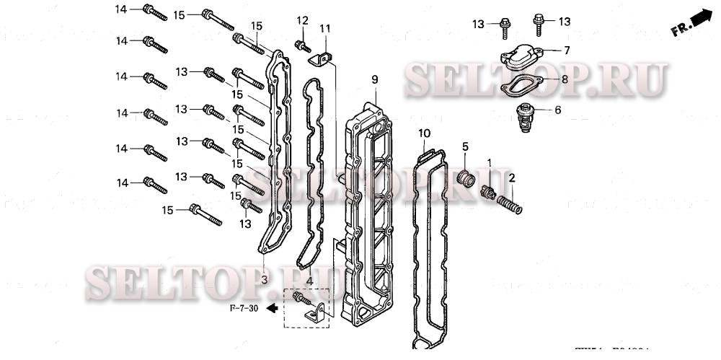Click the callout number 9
click(x=375, y=78)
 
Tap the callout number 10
click(x=424, y=133)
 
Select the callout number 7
click(x=567, y=51)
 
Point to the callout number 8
click(x=565, y=79)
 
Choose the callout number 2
click(x=512, y=177)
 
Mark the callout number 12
click(x=302, y=19)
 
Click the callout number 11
click(x=325, y=28)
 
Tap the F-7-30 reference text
click(x=244, y=309)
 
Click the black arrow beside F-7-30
click(x=272, y=309)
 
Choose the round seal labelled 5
click(x=466, y=177)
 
